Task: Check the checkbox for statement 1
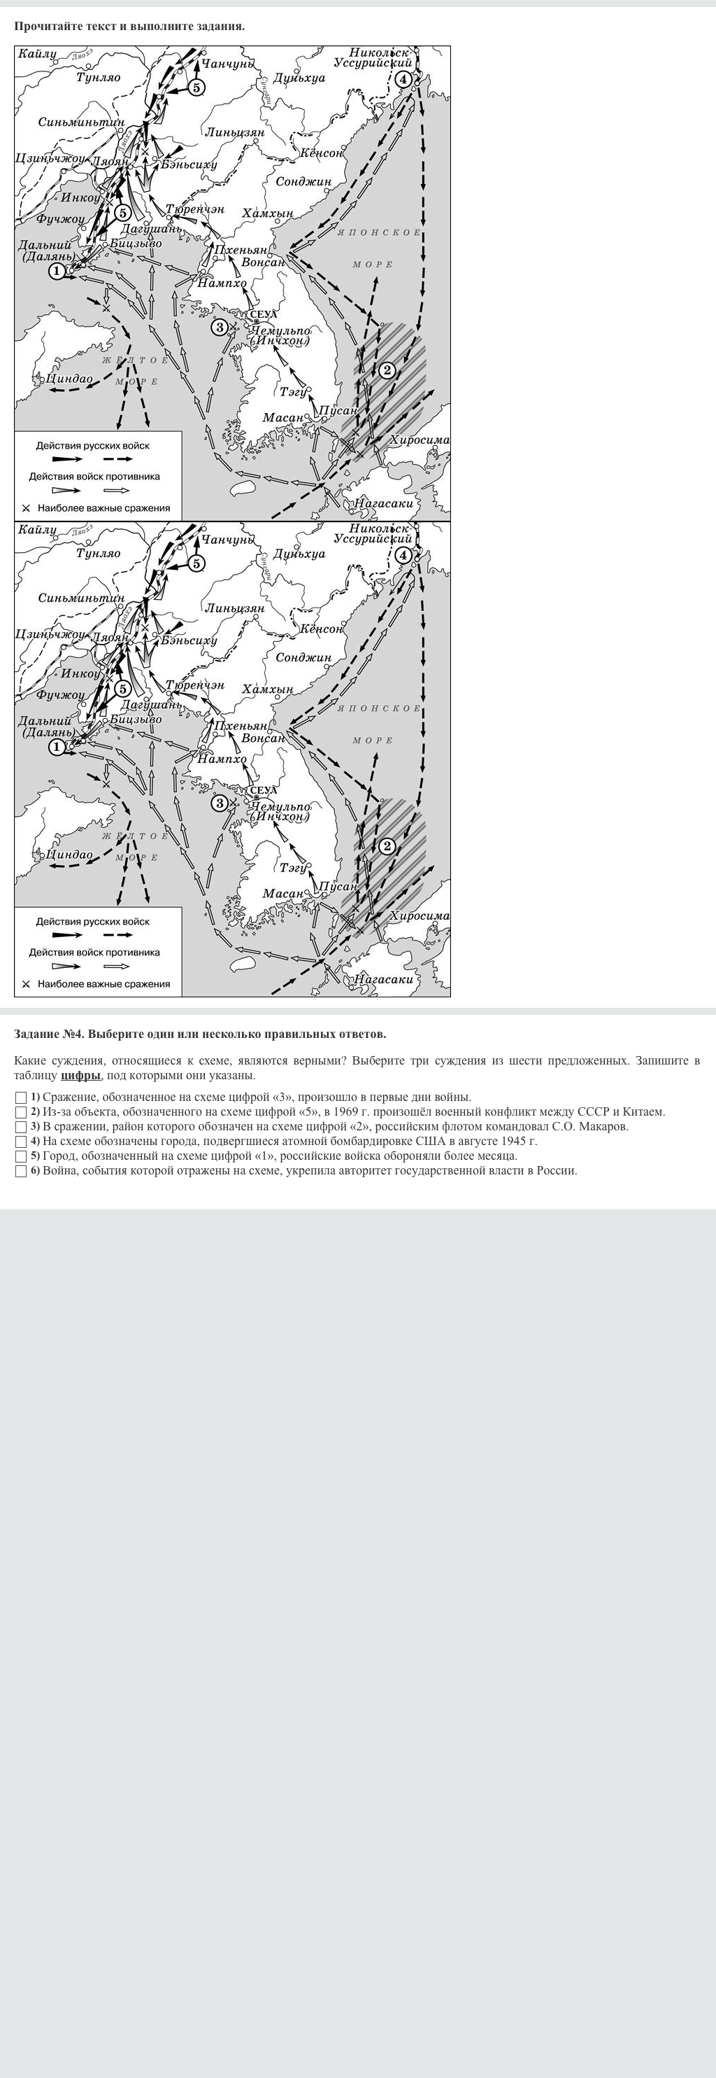click(x=21, y=1097)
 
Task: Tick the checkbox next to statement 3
click(x=21, y=1127)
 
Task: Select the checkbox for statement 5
click(x=21, y=1156)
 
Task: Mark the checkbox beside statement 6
click(x=21, y=1172)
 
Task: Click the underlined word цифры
click(x=80, y=1074)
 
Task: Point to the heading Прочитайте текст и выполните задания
click(x=129, y=26)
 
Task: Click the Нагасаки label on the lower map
click(x=384, y=978)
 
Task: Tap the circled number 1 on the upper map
click(x=57, y=271)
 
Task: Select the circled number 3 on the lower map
click(x=220, y=803)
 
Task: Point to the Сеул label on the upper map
click(x=263, y=314)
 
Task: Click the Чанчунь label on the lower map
click(x=227, y=539)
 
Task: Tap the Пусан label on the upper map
click(x=337, y=410)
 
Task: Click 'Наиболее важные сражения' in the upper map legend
click(x=103, y=508)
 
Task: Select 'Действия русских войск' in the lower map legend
click(x=93, y=921)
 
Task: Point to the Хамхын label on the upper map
click(x=268, y=213)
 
